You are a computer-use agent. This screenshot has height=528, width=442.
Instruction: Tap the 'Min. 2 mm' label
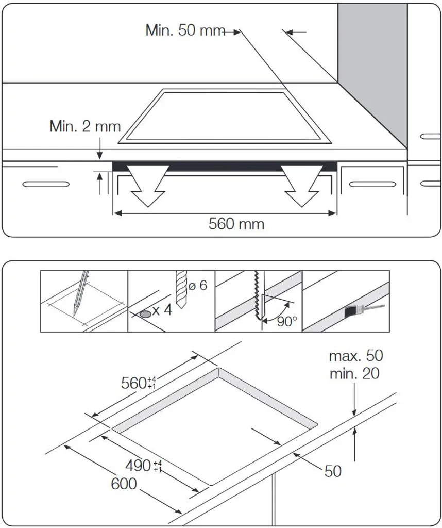coord(85,126)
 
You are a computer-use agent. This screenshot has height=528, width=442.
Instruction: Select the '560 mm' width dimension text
coord(236,224)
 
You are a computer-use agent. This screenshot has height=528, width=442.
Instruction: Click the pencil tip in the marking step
coord(75,313)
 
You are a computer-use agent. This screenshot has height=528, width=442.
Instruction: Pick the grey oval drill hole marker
coord(145,313)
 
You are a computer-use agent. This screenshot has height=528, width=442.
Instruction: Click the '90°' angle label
coord(287,322)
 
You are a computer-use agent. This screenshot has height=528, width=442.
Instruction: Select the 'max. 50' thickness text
coord(356,356)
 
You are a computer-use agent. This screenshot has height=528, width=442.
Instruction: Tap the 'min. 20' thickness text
coord(354,373)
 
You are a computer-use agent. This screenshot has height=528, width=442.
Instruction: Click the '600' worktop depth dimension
coord(124,484)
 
